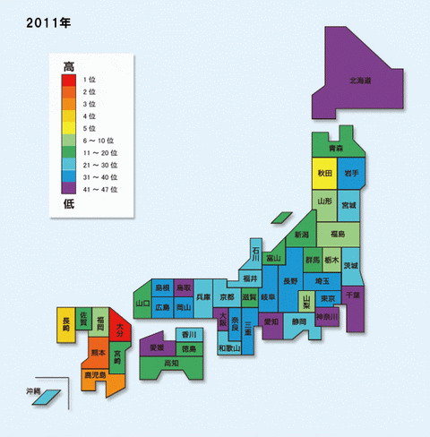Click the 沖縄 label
coord(33,392)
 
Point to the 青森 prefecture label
coord(334,147)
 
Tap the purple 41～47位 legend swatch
coord(69,189)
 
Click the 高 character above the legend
coord(69,65)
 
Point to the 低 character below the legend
coord(69,205)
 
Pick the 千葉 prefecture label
coord(355,294)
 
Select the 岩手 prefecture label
coord(350,173)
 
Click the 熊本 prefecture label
coord(98,353)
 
